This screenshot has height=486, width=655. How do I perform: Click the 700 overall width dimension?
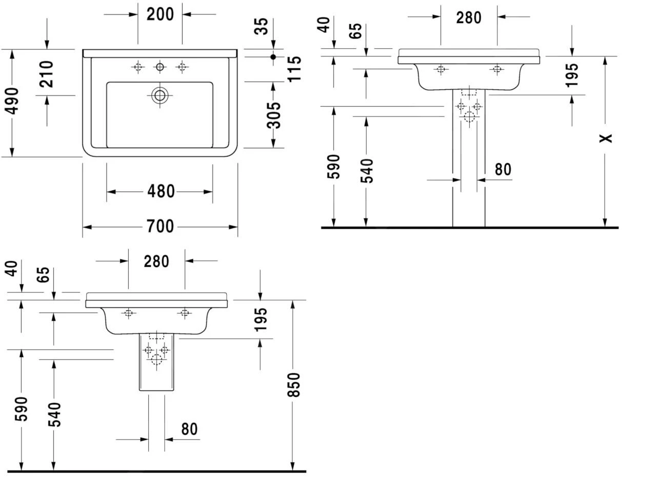[x=160, y=226]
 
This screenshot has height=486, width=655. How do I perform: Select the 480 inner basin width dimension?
[x=161, y=191]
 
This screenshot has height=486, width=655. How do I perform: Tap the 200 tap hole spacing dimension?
[x=160, y=14]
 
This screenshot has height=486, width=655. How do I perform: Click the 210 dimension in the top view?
[x=47, y=73]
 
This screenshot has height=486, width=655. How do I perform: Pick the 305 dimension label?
[x=274, y=115]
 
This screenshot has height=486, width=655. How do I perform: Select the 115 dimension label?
[x=293, y=69]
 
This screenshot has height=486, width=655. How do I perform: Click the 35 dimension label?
[x=262, y=26]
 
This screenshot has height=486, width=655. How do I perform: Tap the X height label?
[x=606, y=138]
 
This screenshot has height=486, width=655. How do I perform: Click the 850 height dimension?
[x=293, y=384]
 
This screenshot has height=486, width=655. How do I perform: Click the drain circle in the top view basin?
[x=160, y=95]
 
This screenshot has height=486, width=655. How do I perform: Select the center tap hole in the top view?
[x=160, y=67]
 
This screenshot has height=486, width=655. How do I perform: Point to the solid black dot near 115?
[x=273, y=57]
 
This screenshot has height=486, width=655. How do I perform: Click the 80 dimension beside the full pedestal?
[x=503, y=169]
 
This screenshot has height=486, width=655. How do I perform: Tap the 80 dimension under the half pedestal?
[x=189, y=429]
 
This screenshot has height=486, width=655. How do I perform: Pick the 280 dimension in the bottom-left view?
[x=156, y=261]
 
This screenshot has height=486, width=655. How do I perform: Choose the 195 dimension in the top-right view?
[x=573, y=74]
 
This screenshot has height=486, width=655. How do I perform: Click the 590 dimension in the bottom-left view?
[x=22, y=409]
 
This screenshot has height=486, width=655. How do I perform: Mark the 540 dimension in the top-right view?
[x=367, y=171]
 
